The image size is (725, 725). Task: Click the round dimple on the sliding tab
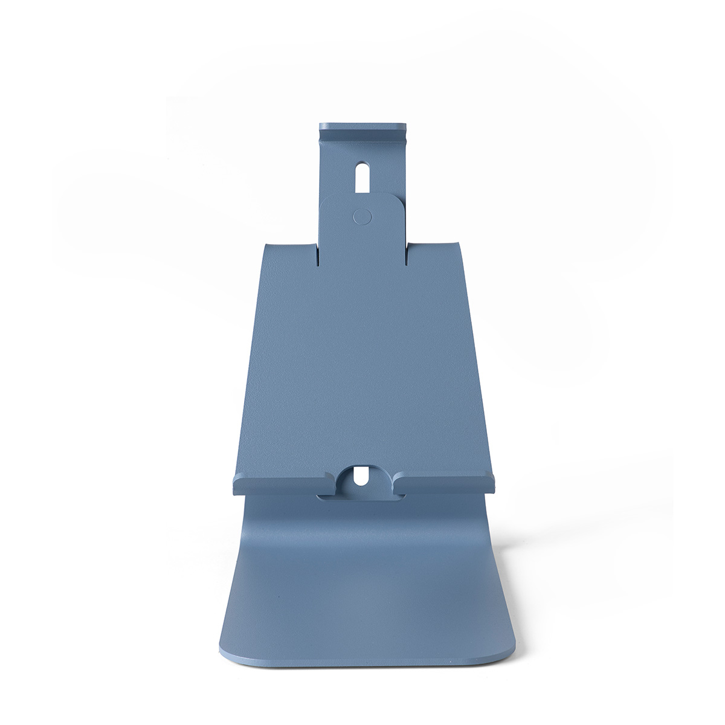point(362,216)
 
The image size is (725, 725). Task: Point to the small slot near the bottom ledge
point(362,475)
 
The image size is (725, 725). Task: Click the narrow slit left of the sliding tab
point(317,254)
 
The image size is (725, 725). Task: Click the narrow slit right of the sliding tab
point(406,254)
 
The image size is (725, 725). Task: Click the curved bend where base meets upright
point(362,514)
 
